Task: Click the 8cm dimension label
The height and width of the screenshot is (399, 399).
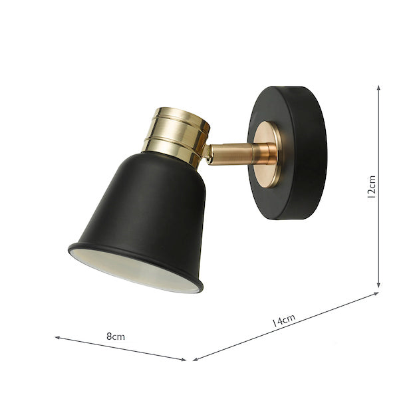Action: [x=116, y=336]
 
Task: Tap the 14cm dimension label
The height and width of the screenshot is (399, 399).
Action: [x=283, y=320]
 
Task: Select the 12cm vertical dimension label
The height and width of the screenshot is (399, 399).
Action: [x=372, y=187]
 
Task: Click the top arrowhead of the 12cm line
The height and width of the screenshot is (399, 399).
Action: [x=378, y=88]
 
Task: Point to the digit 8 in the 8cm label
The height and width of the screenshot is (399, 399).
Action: [x=109, y=336]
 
